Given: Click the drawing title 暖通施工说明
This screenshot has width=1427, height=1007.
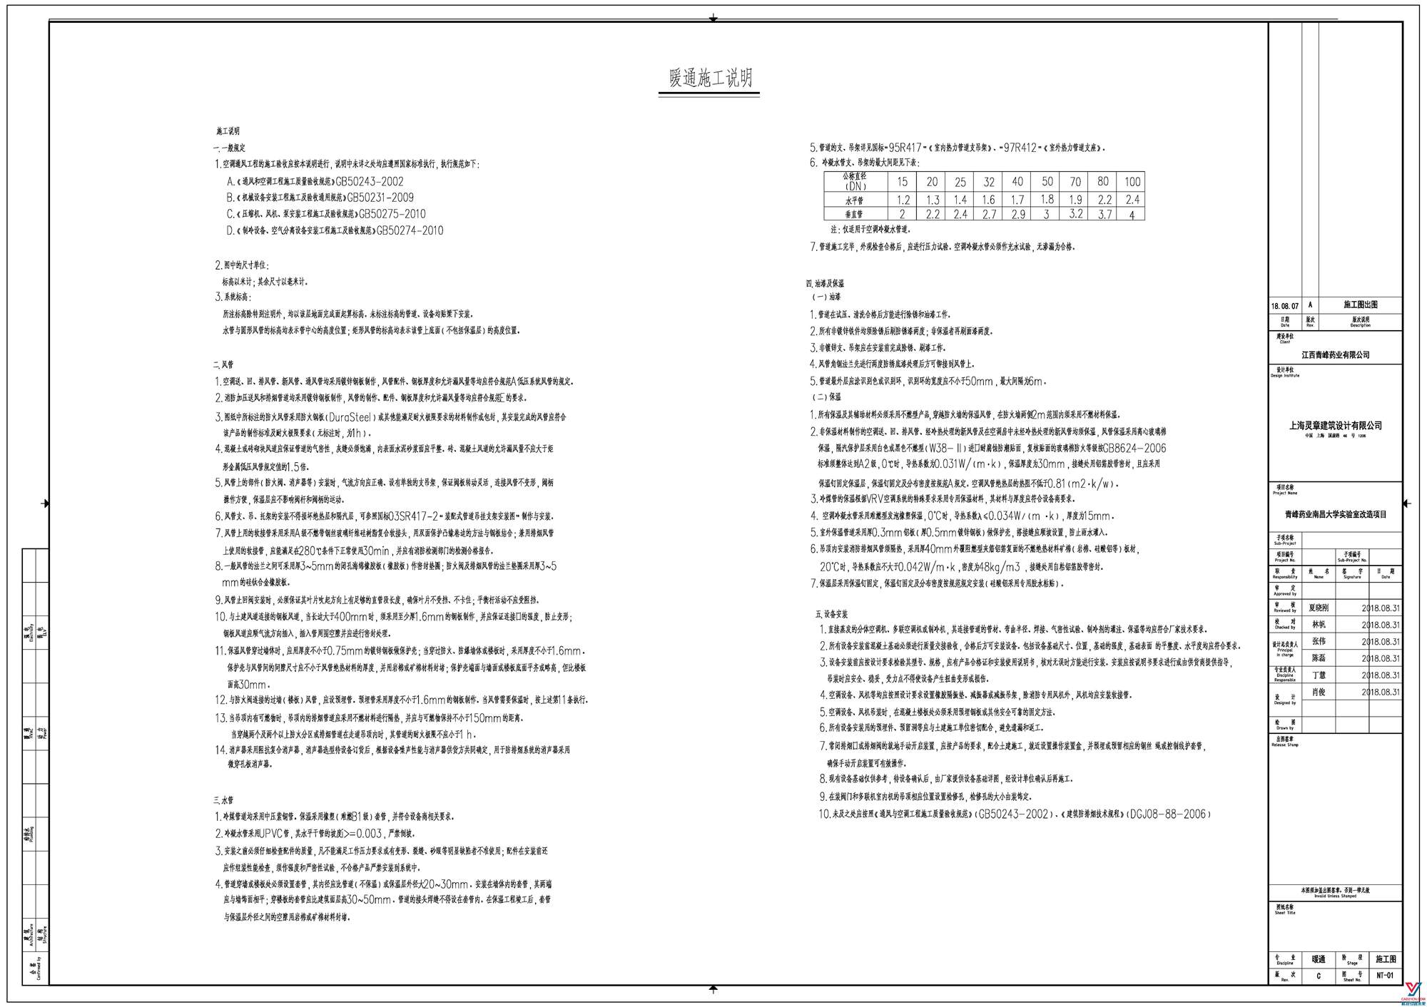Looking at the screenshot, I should coord(710,78).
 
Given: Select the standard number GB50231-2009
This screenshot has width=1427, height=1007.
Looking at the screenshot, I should coord(380,198).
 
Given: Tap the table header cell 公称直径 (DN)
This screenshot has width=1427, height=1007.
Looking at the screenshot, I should coord(855,181).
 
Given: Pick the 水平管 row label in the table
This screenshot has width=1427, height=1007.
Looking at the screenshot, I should coord(854,200).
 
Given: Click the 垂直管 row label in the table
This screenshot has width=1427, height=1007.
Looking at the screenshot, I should coord(854,214).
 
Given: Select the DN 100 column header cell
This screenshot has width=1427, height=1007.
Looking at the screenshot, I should coord(1132,182).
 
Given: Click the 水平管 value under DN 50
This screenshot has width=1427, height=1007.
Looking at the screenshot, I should coord(1047,200).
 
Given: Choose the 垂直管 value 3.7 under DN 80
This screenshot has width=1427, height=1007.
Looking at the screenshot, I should coord(1104,214).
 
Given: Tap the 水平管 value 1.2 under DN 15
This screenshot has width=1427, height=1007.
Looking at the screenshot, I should coord(903,200).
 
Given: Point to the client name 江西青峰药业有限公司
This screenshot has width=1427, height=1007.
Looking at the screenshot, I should coord(1335,354).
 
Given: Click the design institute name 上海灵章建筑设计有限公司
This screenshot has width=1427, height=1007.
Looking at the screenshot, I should coord(1335,426).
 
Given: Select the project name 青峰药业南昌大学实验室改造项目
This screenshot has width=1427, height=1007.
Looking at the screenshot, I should coord(1335,513).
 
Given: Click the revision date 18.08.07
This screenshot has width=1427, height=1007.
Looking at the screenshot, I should coord(1284,306).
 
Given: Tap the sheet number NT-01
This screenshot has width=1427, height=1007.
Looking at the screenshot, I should coord(1384,975).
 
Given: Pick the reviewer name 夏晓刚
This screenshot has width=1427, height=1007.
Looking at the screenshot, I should coord(1319,608).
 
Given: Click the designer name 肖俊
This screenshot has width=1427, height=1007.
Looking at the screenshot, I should coord(1319,692).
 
